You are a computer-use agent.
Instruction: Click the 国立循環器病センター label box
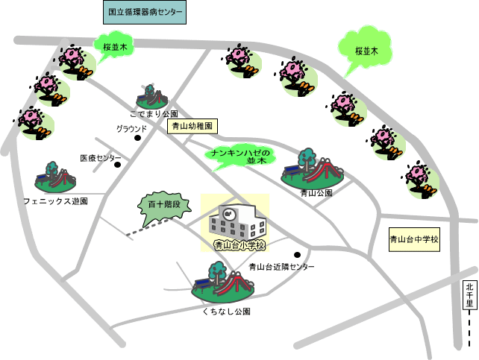pos(144,13)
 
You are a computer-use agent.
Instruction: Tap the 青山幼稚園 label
pos(192,126)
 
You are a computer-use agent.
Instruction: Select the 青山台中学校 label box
pos(414,240)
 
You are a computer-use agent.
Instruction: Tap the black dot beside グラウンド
pos(137,138)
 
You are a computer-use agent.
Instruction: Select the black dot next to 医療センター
pos(117,165)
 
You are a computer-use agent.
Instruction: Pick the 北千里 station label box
pos(469,295)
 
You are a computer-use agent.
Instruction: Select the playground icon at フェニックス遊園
pos(56,179)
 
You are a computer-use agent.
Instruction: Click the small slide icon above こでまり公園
pos(152,96)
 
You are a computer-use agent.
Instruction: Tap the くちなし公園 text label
pos(226,312)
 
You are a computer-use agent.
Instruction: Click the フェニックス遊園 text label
pos(55,201)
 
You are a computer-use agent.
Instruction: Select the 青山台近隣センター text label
pos(281,267)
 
